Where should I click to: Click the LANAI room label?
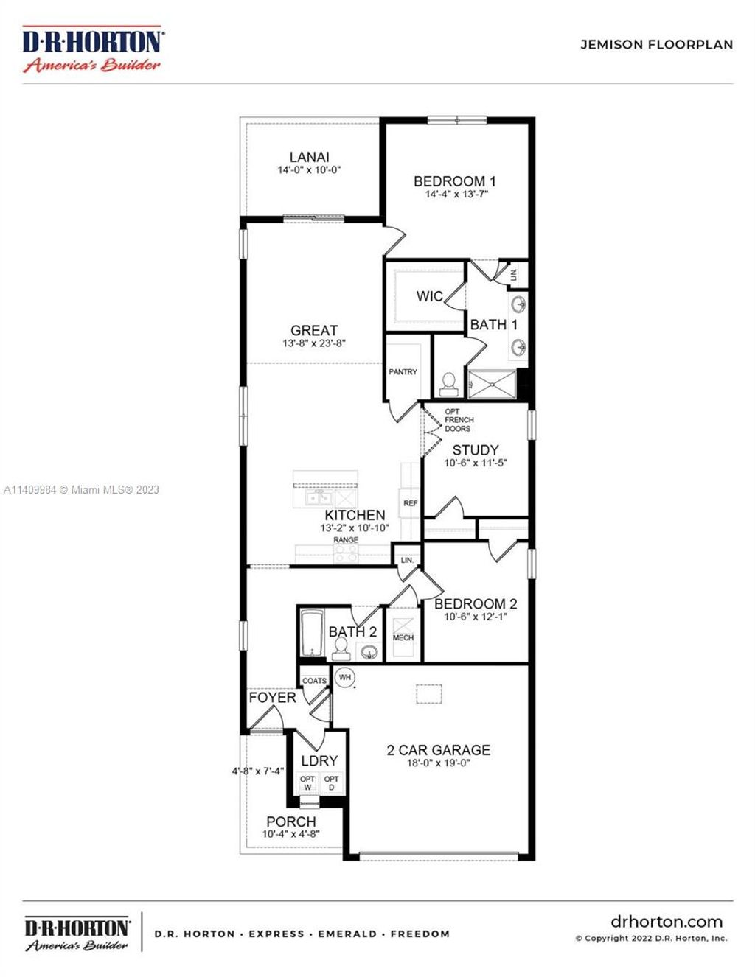309,157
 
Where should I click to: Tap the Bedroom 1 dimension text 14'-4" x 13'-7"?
456,195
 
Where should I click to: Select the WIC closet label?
429,296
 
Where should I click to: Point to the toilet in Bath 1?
448,382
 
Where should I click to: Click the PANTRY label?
403,372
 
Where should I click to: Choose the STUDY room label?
476,449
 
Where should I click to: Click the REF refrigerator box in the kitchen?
410,503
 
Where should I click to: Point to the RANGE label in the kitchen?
346,540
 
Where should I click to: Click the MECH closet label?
403,637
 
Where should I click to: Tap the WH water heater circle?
345,677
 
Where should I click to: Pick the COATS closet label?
314,681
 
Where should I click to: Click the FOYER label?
272,697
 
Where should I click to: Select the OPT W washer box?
307,782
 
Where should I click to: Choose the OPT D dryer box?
332,782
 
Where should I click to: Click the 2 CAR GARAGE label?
438,750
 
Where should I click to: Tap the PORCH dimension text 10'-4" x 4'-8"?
290,834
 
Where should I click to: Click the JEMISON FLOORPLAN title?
656,44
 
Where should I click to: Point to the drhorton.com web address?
667,922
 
